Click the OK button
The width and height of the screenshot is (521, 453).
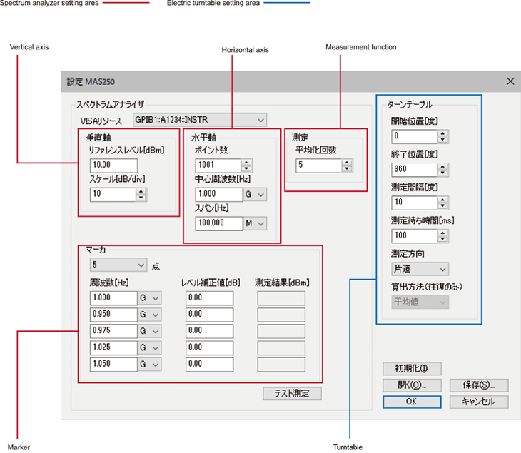click(x=412, y=402)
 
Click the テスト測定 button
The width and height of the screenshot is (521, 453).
click(x=292, y=394)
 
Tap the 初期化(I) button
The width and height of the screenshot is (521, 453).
click(x=412, y=368)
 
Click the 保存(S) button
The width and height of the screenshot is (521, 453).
click(x=479, y=385)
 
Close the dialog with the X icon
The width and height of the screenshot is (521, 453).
click(x=510, y=81)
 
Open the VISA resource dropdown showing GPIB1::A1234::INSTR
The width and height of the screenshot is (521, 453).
click(x=200, y=120)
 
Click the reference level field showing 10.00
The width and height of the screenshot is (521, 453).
click(x=113, y=165)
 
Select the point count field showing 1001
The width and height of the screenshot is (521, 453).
click(x=218, y=166)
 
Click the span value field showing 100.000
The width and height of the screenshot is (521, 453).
click(x=219, y=223)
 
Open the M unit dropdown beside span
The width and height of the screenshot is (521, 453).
click(x=256, y=223)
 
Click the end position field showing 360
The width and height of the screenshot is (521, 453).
click(x=415, y=169)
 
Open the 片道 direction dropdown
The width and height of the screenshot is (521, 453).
click(x=420, y=269)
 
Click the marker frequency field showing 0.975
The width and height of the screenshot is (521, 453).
click(x=113, y=331)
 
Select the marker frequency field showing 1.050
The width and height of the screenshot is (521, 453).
click(x=113, y=365)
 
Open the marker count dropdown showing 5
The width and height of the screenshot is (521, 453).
click(x=118, y=265)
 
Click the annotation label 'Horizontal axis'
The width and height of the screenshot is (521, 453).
click(x=246, y=50)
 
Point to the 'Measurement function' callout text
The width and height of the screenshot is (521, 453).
click(x=361, y=47)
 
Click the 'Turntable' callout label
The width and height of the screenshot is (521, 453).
click(x=348, y=447)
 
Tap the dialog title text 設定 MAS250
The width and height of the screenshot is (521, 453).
click(x=91, y=82)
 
